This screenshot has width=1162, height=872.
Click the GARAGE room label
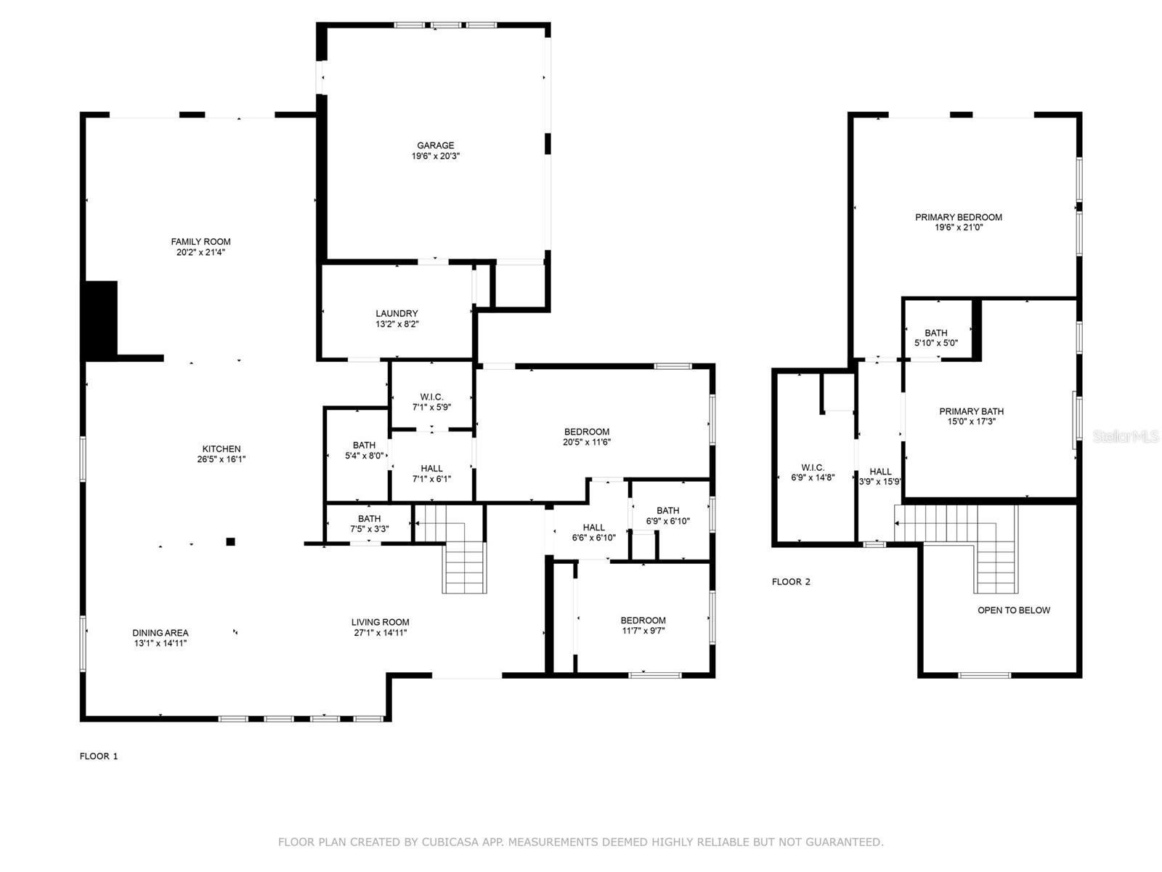coord(435,145)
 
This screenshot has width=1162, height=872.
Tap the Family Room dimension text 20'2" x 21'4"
coord(200,252)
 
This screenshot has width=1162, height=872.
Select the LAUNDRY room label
coord(397,314)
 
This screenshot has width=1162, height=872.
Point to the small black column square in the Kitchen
coord(230,541)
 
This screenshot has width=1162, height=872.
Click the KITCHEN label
coord(221,449)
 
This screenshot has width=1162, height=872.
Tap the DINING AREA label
coord(160,633)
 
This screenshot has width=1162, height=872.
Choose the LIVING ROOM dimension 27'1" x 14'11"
coord(380,632)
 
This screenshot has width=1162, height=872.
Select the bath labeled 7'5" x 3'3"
coord(369,524)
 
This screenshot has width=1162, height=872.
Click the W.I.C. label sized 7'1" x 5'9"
coord(431,402)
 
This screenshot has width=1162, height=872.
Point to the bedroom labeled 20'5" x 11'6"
coord(586,436)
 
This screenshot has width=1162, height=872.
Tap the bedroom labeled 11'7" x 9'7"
coord(642,625)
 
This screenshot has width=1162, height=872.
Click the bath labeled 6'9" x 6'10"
coord(667,515)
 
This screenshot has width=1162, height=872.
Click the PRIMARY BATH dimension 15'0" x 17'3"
coord(971,421)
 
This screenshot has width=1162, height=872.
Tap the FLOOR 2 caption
coord(791,581)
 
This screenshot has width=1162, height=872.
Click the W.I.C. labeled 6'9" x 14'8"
coord(812,472)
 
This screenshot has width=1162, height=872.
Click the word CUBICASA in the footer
coord(450,842)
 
